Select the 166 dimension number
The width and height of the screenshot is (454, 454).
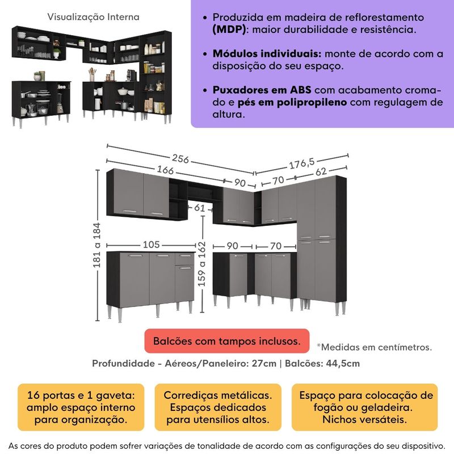(x=163, y=170)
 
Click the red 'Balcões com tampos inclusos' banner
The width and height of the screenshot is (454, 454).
(x=226, y=341)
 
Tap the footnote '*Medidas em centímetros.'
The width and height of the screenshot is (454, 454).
(x=375, y=347)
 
